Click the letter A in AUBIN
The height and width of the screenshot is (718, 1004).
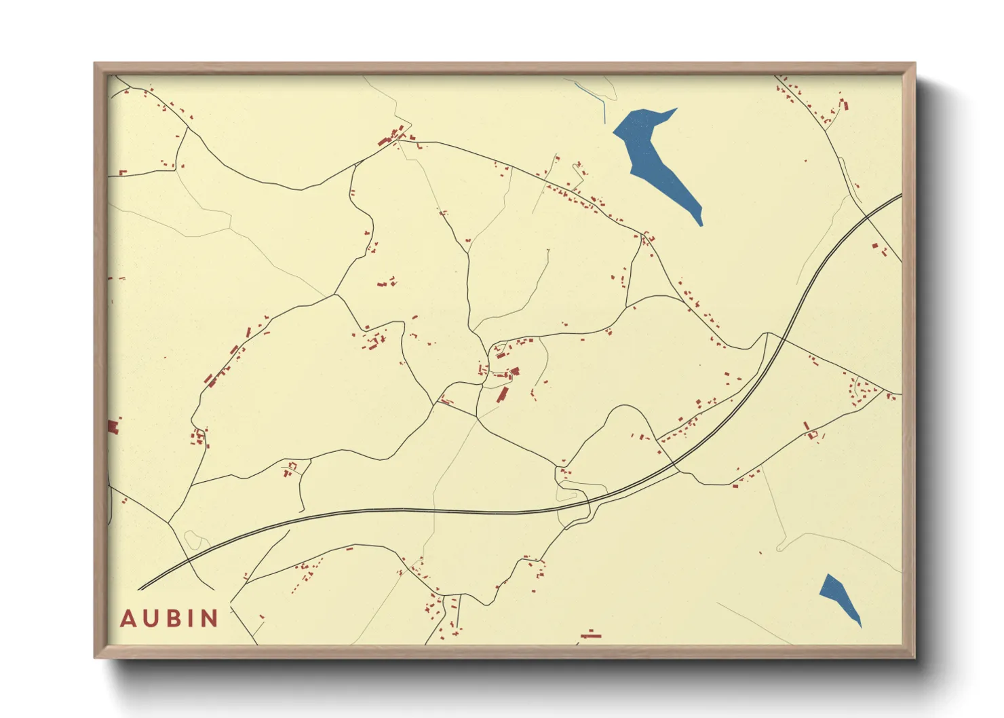(128, 619)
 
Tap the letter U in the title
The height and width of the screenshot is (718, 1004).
(150, 619)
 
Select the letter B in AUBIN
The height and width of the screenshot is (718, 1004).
(172, 619)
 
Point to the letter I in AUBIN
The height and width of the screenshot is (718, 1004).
(189, 619)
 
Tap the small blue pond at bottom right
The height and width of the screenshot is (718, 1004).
(838, 596)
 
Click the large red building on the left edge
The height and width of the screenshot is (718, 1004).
(113, 426)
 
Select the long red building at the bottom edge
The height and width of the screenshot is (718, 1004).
(591, 636)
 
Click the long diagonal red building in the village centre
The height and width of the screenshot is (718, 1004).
(502, 395)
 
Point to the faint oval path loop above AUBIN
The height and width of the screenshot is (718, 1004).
(193, 540)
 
